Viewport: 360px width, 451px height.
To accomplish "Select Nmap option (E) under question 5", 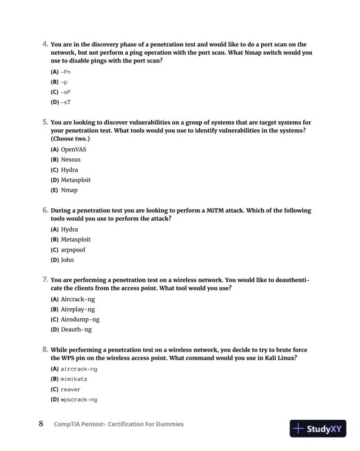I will coord(69,190).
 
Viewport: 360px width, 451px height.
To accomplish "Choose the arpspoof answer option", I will coord(74,250).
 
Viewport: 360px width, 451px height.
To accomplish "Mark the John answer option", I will coord(67,260).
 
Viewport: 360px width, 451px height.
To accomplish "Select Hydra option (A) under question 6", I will coord(69,229).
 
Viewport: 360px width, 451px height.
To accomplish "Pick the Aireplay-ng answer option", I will coord(78,309).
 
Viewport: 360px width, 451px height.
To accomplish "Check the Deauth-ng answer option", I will coord(76,329).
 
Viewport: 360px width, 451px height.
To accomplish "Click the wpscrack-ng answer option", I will coord(79,399).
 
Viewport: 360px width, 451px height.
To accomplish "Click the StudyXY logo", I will coord(318,429).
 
